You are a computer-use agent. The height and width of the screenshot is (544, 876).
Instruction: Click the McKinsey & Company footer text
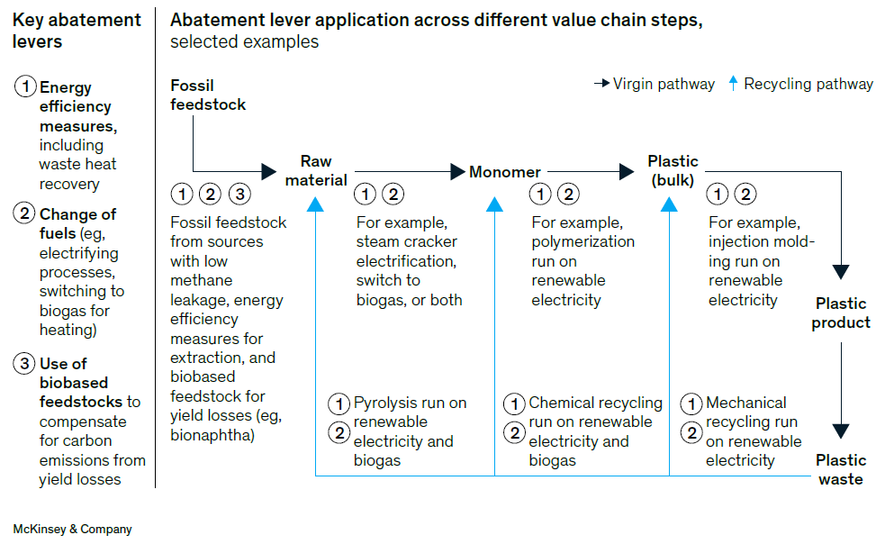point(72,529)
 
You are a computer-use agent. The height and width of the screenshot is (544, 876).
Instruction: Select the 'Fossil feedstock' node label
point(208,95)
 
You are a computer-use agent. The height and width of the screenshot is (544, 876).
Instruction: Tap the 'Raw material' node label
point(316,170)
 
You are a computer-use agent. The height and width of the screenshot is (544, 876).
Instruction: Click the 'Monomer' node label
point(505,171)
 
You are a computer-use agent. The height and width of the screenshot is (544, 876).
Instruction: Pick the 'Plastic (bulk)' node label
point(673,170)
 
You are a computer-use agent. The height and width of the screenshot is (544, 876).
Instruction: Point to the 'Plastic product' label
point(841,313)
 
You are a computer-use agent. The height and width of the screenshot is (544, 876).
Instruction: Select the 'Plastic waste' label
point(840,469)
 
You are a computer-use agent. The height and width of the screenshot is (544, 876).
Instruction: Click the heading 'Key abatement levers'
point(77,30)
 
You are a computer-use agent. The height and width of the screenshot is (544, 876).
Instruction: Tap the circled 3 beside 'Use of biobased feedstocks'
point(25,364)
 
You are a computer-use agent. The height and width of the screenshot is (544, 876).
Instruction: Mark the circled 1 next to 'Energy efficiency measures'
point(25,87)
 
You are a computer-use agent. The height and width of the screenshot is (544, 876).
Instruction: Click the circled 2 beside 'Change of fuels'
point(25,214)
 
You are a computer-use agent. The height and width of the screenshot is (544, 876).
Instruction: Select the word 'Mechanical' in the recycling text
point(745,403)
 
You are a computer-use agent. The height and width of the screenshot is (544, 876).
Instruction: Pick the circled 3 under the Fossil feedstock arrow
point(239,193)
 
